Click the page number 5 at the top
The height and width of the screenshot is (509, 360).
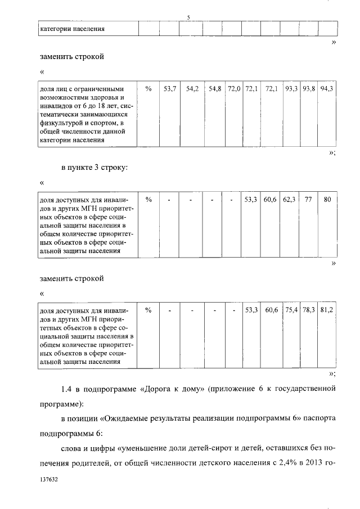pos(188,17)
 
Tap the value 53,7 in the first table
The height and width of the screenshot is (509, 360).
pos(169,89)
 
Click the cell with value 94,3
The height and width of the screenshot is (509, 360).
pos(327,89)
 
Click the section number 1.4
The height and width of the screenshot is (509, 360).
pos(68,388)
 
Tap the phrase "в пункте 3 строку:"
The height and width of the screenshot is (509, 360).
pos(93,167)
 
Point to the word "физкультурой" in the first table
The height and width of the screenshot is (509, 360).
pos(60,122)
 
